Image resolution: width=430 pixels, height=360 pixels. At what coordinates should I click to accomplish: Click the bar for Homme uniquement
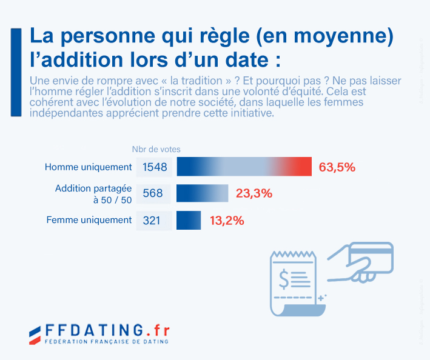[244, 167]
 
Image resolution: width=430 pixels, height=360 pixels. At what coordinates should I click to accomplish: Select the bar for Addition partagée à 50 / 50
[202, 193]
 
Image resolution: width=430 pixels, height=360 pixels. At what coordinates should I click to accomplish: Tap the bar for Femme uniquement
[188, 220]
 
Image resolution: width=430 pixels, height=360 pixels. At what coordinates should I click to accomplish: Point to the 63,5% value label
[337, 167]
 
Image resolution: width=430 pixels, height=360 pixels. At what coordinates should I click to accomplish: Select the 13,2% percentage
[227, 221]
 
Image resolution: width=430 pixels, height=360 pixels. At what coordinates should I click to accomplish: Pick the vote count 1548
[155, 167]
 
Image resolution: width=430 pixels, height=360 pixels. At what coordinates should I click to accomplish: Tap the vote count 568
[153, 194]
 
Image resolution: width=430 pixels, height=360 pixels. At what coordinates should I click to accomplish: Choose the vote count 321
[152, 221]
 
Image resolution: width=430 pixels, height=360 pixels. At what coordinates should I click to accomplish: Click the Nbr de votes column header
[156, 149]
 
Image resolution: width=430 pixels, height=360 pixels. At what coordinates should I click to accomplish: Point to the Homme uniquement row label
[89, 167]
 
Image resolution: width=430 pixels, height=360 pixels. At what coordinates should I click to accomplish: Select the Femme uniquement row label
[89, 220]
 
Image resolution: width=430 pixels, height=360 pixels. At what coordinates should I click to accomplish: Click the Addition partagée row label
[93, 189]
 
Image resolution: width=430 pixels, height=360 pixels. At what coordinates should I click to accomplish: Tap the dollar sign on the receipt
[284, 279]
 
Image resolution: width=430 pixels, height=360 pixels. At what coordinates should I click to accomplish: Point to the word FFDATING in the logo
[94, 330]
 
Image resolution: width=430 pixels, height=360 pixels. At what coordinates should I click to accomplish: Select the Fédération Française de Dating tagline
[107, 342]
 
